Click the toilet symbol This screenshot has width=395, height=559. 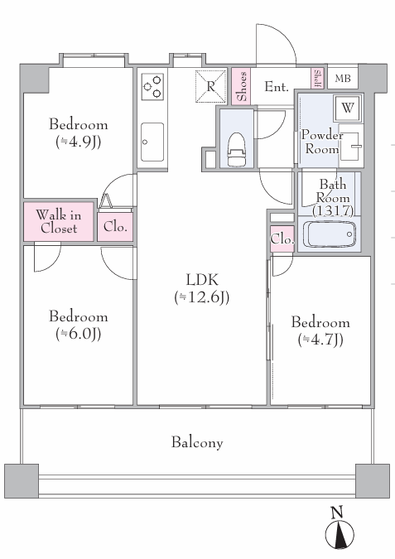pyautogui.click(x=237, y=149)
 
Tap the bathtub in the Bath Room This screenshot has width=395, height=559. pyautogui.click(x=330, y=234)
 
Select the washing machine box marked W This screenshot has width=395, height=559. pyautogui.click(x=347, y=108)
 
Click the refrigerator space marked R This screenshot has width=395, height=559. pyautogui.click(x=210, y=86)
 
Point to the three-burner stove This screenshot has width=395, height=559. pyautogui.click(x=152, y=87)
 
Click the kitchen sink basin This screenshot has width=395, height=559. pyautogui.click(x=152, y=142)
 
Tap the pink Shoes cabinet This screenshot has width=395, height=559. pyautogui.click(x=241, y=86)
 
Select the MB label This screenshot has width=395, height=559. pyautogui.click(x=343, y=78)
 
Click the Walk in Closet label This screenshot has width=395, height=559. pyautogui.click(x=59, y=221)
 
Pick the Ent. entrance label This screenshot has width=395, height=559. pyautogui.click(x=277, y=86)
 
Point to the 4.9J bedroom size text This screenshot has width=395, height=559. pyautogui.click(x=79, y=142)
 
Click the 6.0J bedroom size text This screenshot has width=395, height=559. pyautogui.click(x=79, y=334)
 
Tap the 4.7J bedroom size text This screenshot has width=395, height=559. pyautogui.click(x=320, y=340)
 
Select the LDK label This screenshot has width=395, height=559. pyautogui.click(x=202, y=280)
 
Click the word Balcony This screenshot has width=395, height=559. pyautogui.click(x=197, y=442)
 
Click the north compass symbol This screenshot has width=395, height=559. pyautogui.click(x=340, y=532)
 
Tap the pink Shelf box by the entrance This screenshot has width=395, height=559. pyautogui.click(x=317, y=79)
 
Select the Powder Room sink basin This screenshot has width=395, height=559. pyautogui.click(x=350, y=146)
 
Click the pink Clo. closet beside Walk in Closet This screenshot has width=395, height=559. pyautogui.click(x=115, y=227)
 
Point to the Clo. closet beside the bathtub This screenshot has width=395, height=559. pyautogui.click(x=282, y=239)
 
